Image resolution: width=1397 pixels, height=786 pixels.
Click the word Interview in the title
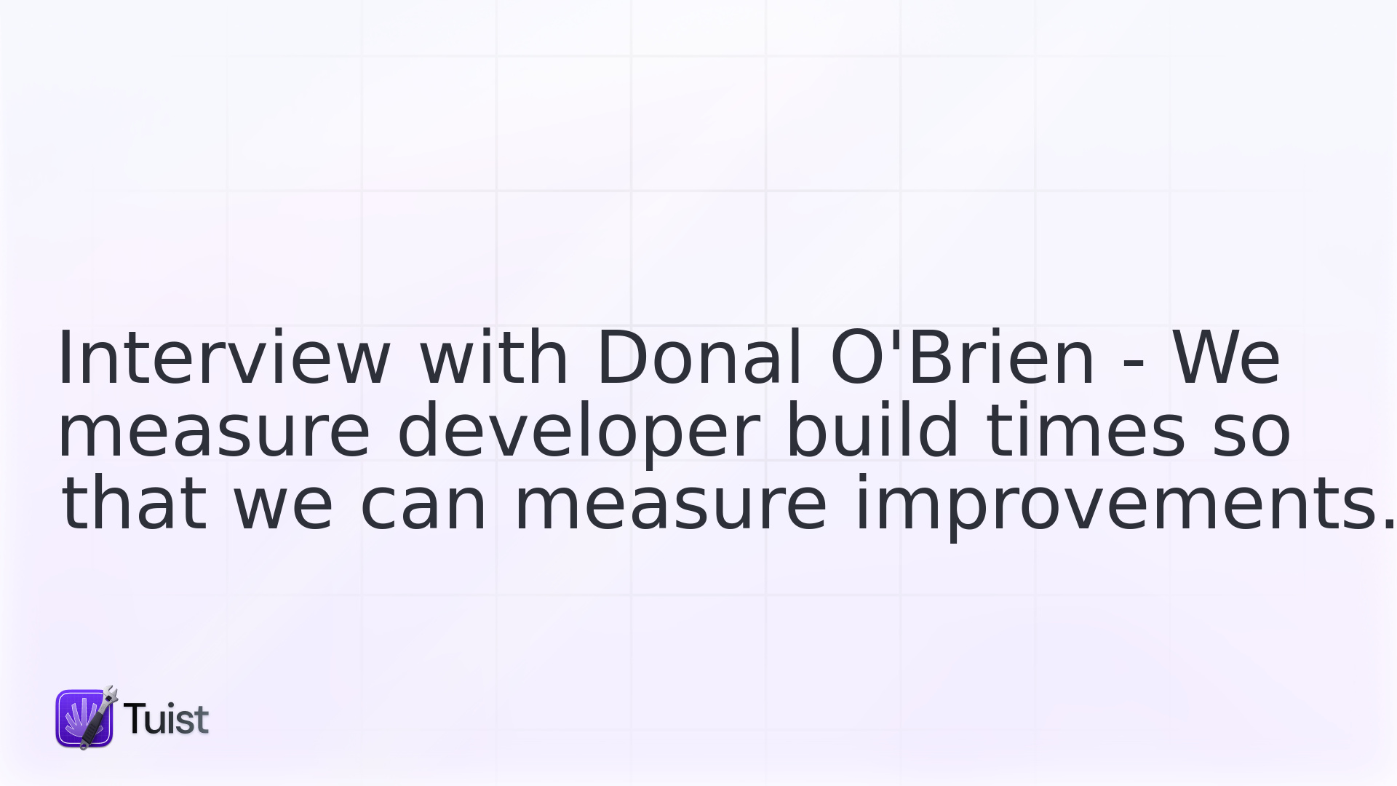coord(224,357)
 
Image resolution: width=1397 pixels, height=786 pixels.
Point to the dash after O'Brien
coord(1134,362)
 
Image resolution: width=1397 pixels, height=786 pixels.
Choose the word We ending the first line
coord(1227,357)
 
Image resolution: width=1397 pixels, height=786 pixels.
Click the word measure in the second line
coord(214,431)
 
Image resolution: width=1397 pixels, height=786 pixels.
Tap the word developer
coord(579,433)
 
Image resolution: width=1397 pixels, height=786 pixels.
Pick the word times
coord(1086,430)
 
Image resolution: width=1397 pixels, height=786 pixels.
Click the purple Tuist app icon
coord(84,718)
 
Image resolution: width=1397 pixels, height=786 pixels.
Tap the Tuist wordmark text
coord(166,719)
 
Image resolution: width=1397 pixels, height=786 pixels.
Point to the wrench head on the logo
coord(110,694)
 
